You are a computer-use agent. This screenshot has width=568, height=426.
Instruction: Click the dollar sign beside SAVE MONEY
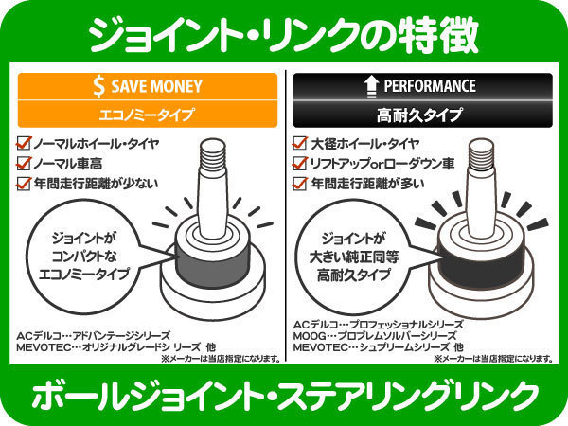coord(98,86)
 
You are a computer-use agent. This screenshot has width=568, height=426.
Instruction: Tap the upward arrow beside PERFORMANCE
coord(370,86)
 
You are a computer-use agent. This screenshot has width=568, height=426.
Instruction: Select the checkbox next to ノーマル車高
coord(24,164)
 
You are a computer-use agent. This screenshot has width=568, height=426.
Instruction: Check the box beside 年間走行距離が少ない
coord(24,184)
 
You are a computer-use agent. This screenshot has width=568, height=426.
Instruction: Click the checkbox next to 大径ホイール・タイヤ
coord(300,143)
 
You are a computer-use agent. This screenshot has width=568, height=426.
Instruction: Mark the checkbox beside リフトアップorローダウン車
coord(300,164)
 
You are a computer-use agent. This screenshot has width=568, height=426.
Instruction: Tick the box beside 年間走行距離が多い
coord(300,184)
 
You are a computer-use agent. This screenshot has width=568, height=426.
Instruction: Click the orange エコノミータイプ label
coord(147,115)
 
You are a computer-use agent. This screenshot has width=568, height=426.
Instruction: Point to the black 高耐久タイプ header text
coord(419,115)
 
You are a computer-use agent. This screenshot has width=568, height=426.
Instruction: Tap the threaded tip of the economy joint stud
coord(213,151)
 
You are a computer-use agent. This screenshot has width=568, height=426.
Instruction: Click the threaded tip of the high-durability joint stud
coord(481,151)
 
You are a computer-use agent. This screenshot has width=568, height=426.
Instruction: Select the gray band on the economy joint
coord(213,266)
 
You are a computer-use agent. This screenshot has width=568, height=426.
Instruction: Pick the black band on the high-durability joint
coord(481,268)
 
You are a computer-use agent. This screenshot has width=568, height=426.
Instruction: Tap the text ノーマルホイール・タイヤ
coord(97,144)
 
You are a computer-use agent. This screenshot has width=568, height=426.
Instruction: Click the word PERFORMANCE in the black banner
coord(430,86)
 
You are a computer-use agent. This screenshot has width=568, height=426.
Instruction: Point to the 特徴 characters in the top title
coord(437,36)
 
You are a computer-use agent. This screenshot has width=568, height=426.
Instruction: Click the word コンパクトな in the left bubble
coord(84,257)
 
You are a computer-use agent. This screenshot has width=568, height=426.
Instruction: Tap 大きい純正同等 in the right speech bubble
coord(354,257)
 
